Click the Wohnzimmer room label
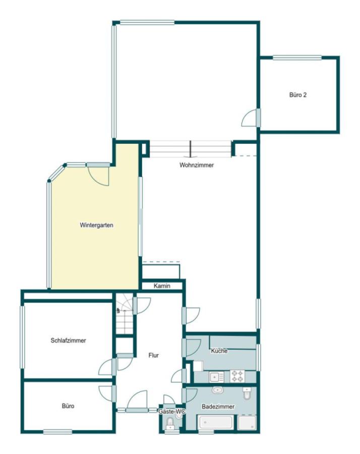point(197,165)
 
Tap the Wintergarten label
point(96,225)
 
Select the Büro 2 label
point(298,95)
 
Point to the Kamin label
point(162,286)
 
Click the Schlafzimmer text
point(68,340)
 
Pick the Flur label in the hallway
point(153,355)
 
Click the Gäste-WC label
point(171,412)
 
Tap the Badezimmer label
point(218,407)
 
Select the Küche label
point(219,351)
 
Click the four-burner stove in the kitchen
point(237,376)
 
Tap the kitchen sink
point(216,377)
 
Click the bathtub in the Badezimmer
point(215,422)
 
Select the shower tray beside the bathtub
point(247,422)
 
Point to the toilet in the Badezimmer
point(247,393)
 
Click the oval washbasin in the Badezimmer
point(217,390)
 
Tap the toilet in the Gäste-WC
point(170,423)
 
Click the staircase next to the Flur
point(125,314)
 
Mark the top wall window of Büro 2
point(297,58)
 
